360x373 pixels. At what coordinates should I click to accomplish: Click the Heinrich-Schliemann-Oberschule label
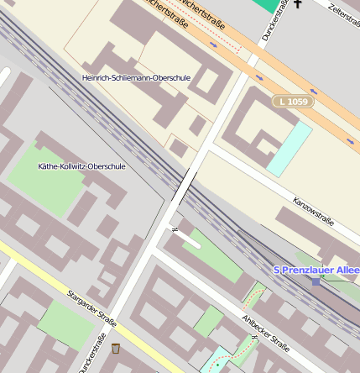pos(136,77)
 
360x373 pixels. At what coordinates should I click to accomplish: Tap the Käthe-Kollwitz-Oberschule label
pos(81,166)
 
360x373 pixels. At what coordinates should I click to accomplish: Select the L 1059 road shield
pos(291,101)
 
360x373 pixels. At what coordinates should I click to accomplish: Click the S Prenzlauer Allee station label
pos(316,270)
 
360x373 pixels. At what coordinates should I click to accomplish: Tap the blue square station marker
pos(316,281)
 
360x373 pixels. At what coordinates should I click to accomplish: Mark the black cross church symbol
pos(297,4)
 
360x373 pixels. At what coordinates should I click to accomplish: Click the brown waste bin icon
pos(115,349)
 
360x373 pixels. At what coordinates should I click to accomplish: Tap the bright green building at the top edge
pos(266,4)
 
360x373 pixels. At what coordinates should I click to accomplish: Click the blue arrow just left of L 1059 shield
pos(258,78)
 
